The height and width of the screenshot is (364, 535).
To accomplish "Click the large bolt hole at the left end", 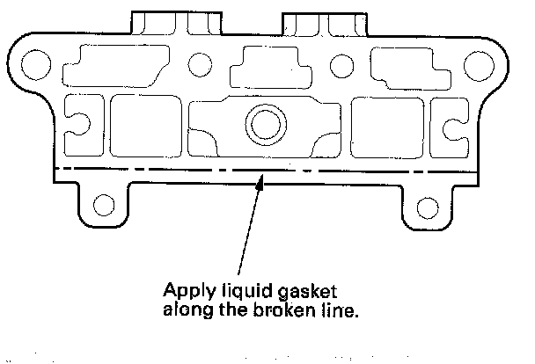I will pyautogui.click(x=36, y=63).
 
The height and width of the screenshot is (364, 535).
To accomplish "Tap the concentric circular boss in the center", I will pyautogui.click(x=261, y=124).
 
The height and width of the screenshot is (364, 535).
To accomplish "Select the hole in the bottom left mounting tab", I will pyautogui.click(x=104, y=207).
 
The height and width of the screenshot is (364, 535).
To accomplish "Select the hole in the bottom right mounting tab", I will pyautogui.click(x=427, y=207).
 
